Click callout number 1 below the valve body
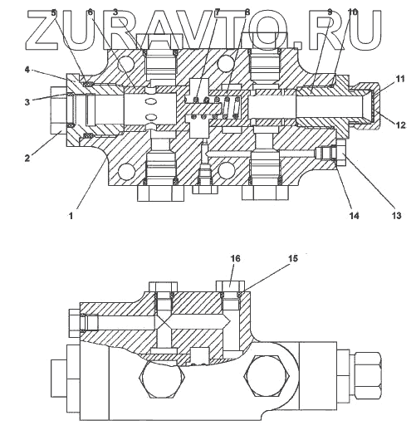tap(71, 216)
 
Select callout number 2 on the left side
tap(27, 159)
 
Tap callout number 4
tap(27, 70)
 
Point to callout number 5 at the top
tap(54, 12)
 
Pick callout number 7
tap(218, 12)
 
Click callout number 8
tap(247, 12)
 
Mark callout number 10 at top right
tap(353, 12)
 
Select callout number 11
tap(399, 79)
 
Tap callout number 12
tap(400, 125)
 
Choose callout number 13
tap(397, 216)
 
